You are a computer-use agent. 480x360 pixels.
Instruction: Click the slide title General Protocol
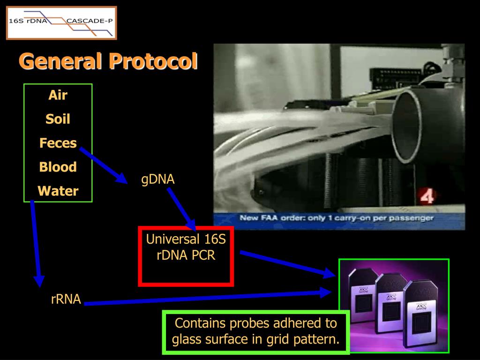108,61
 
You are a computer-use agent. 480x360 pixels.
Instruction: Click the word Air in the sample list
58,96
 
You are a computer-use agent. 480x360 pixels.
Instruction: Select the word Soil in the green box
58,119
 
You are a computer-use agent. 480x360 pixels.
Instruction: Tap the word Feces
58,143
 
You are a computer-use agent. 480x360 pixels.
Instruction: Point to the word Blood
58,167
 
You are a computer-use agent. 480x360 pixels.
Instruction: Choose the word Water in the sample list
58,191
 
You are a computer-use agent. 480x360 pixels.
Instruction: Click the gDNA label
158,179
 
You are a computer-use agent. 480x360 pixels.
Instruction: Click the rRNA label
66,299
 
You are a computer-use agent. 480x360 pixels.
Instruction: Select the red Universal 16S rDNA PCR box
186,256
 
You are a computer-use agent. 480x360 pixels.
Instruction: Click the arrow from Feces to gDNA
104,165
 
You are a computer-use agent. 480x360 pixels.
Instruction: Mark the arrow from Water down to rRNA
36,244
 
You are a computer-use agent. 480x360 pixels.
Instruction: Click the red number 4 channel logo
427,196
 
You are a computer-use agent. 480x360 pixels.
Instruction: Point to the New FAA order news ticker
337,218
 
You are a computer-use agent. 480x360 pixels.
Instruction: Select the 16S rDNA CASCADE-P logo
61,22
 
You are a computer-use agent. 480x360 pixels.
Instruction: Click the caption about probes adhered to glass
256,330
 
